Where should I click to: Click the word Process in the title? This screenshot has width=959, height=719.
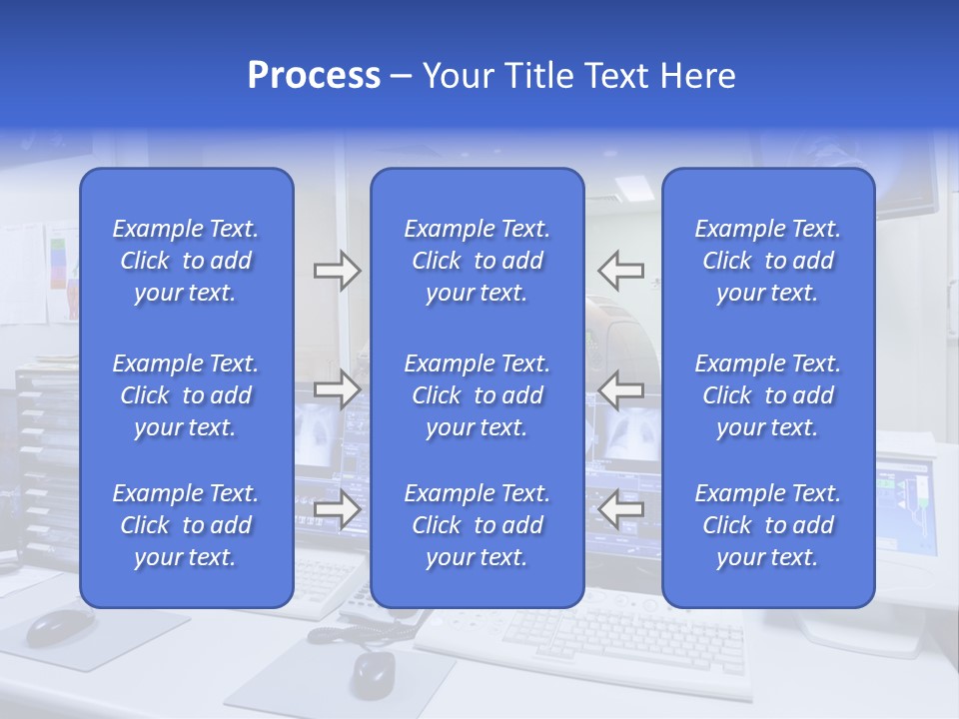[x=314, y=76]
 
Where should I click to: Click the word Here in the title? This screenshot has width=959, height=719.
[x=698, y=76]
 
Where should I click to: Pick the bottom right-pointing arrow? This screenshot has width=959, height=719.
[x=337, y=509]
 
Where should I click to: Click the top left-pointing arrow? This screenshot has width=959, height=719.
[x=621, y=270]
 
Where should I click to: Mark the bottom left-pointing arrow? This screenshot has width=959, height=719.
[x=621, y=509]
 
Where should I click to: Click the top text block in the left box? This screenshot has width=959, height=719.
[x=186, y=261]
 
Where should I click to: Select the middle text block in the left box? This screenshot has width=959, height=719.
[x=186, y=395]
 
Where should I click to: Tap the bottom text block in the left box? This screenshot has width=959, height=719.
[x=186, y=525]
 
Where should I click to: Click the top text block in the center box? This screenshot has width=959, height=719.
[x=478, y=261]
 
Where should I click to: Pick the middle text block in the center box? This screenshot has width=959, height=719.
[x=478, y=395]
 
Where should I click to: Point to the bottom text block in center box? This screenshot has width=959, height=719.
[x=478, y=525]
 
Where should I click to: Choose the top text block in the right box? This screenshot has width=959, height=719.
[x=768, y=261]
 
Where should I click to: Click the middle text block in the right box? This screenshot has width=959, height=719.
[x=768, y=395]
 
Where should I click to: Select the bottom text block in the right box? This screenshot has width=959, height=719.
[x=768, y=525]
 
